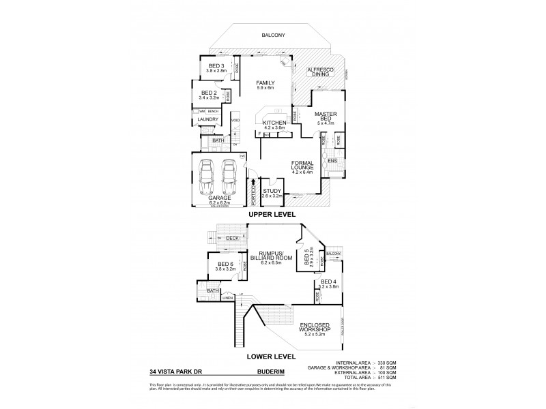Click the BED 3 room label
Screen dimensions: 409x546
click(216, 65)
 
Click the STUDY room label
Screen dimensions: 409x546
click(272, 192)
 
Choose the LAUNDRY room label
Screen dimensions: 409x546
click(207, 119)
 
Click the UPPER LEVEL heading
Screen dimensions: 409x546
click(272, 214)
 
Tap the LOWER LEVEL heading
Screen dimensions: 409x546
click(272, 356)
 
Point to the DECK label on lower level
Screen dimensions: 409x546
click(232, 238)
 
